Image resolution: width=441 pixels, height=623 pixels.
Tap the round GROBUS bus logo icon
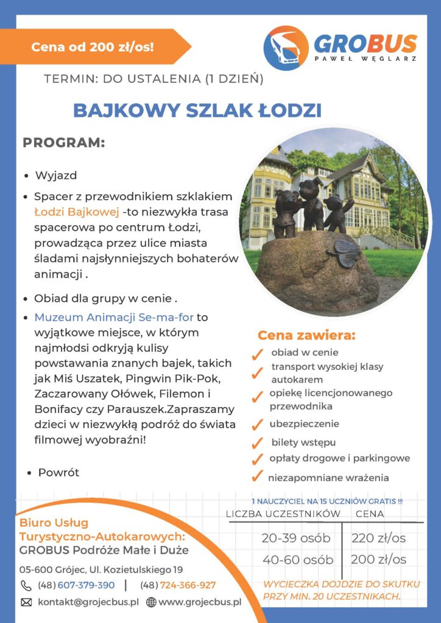286,48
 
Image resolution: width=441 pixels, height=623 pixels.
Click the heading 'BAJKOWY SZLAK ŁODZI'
197,111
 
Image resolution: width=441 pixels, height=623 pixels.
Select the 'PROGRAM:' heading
64,143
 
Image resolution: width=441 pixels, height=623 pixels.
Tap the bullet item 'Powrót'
58,472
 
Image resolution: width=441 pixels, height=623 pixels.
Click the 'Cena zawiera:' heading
306,335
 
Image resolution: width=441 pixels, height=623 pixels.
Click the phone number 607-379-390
86,585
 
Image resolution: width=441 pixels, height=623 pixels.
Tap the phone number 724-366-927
188,585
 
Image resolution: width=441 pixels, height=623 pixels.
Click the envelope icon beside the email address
26,602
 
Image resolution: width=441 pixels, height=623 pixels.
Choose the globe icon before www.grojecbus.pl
151,602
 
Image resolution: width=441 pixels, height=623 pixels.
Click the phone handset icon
26,585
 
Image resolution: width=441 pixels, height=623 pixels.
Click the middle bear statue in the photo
311,201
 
